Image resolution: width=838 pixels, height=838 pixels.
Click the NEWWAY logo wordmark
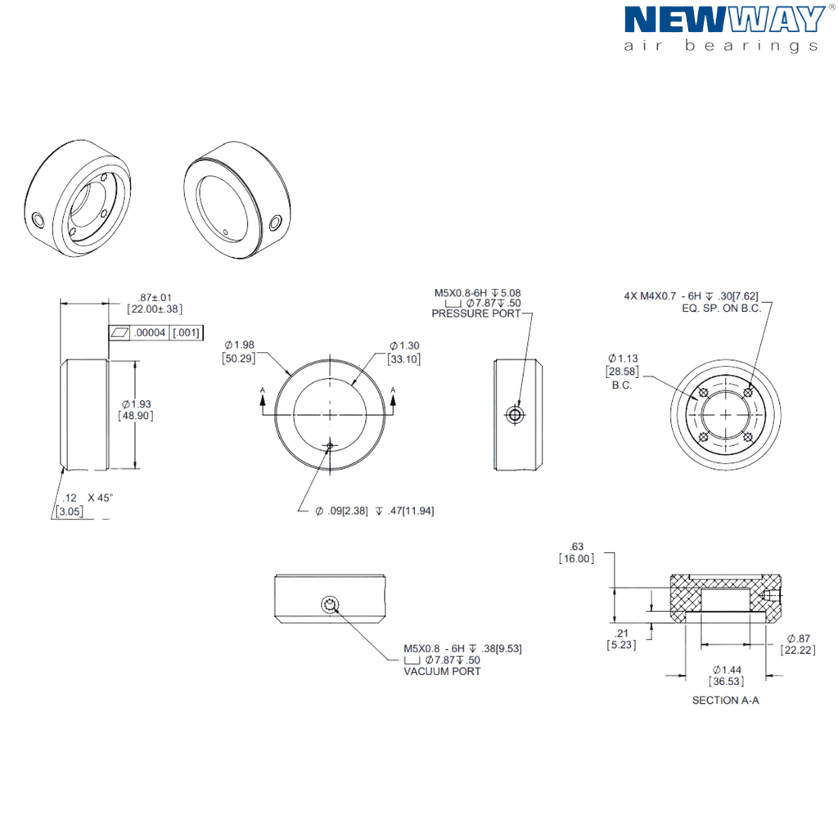[x=725, y=20]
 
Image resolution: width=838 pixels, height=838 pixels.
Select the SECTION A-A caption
[x=725, y=701]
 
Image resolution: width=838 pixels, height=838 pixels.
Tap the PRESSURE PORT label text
[x=475, y=313]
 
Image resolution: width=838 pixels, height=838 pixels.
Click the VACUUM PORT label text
[x=442, y=671]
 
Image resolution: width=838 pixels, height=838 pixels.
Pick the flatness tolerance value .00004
[x=150, y=332]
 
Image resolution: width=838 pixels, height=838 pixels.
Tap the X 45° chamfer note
[x=101, y=498]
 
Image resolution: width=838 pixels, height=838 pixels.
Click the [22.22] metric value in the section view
[x=798, y=650]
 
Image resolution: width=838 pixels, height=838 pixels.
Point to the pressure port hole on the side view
[x=516, y=414]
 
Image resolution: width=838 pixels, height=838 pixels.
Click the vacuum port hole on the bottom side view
[x=331, y=605]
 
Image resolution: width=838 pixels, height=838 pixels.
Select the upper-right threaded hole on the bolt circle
[x=748, y=392]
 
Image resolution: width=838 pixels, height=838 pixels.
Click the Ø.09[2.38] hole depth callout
[x=375, y=511]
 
